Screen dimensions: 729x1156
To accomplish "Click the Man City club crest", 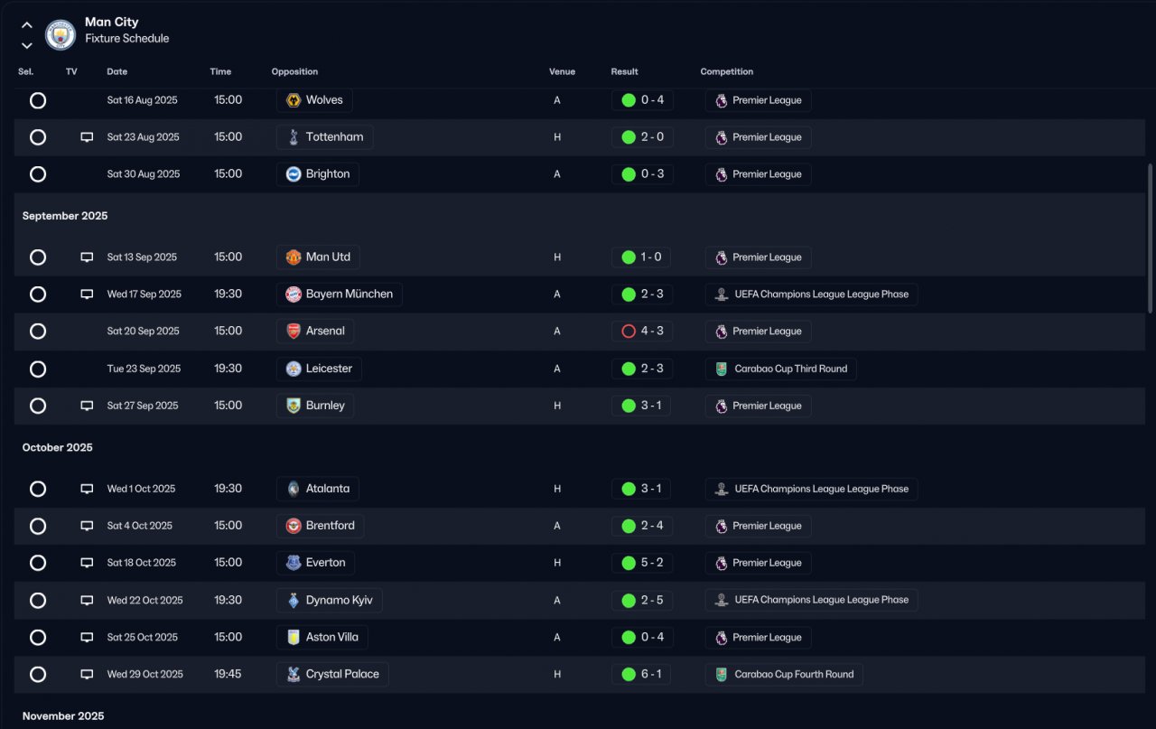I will [x=61, y=34].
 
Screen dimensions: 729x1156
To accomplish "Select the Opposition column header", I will [x=294, y=72].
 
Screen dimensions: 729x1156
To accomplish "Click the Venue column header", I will [x=562, y=72].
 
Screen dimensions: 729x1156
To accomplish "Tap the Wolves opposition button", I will [x=314, y=100].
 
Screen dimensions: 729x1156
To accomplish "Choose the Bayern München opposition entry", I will [x=339, y=294].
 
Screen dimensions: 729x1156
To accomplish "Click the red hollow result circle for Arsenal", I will [x=629, y=332].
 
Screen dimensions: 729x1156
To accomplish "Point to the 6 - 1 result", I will [x=651, y=675].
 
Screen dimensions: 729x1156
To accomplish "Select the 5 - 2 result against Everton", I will [x=651, y=563].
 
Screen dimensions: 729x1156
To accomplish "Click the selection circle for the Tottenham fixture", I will [x=38, y=137].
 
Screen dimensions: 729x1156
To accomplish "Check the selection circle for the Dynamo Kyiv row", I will [x=38, y=601].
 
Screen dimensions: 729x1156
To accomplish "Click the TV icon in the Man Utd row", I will [x=87, y=257].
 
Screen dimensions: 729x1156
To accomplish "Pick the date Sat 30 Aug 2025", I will [x=144, y=174].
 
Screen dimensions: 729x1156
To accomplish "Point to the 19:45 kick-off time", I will [x=228, y=675].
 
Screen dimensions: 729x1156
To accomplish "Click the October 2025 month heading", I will [x=58, y=448].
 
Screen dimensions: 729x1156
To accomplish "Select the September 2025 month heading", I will [x=65, y=216].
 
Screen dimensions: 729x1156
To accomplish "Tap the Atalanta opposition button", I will [x=318, y=489].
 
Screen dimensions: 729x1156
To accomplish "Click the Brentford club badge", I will [x=294, y=526].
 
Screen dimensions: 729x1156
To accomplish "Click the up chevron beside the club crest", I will [x=27, y=25].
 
